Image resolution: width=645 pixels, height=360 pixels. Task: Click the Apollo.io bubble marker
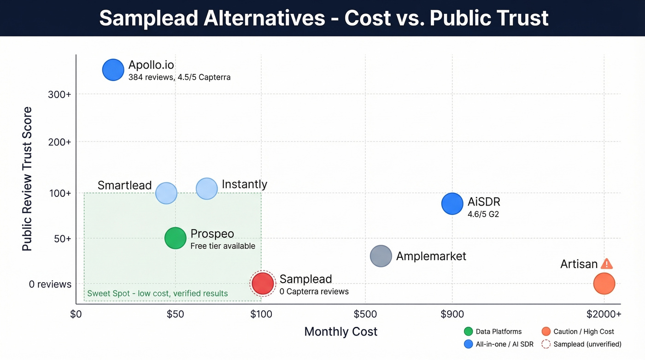click(x=113, y=70)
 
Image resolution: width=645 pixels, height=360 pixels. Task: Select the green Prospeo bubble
click(x=175, y=238)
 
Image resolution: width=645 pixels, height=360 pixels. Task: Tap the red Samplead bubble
click(x=263, y=283)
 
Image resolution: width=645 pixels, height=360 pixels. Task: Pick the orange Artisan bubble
click(x=604, y=283)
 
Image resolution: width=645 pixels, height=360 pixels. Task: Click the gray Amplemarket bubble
click(x=381, y=256)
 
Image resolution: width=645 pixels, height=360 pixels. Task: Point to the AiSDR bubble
click(x=452, y=203)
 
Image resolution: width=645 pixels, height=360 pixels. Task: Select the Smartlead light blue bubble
click(x=166, y=193)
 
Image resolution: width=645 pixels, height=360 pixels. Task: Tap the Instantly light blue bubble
click(x=206, y=189)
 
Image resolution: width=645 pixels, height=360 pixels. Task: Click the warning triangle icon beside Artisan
click(x=607, y=264)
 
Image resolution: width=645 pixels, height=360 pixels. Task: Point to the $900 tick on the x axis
click(x=452, y=314)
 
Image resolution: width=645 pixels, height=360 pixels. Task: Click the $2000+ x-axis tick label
click(x=604, y=314)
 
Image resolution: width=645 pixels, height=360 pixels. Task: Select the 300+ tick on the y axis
click(x=60, y=94)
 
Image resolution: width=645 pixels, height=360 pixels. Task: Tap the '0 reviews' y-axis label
click(x=50, y=284)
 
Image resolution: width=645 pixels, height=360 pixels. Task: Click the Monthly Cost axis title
click(x=341, y=331)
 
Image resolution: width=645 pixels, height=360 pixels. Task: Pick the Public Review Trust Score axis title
click(x=27, y=179)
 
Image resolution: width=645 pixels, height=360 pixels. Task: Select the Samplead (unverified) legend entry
click(x=581, y=344)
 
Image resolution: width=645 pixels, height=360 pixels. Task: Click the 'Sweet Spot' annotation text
click(x=157, y=294)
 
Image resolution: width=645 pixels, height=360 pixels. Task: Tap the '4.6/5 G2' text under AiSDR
click(x=483, y=214)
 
